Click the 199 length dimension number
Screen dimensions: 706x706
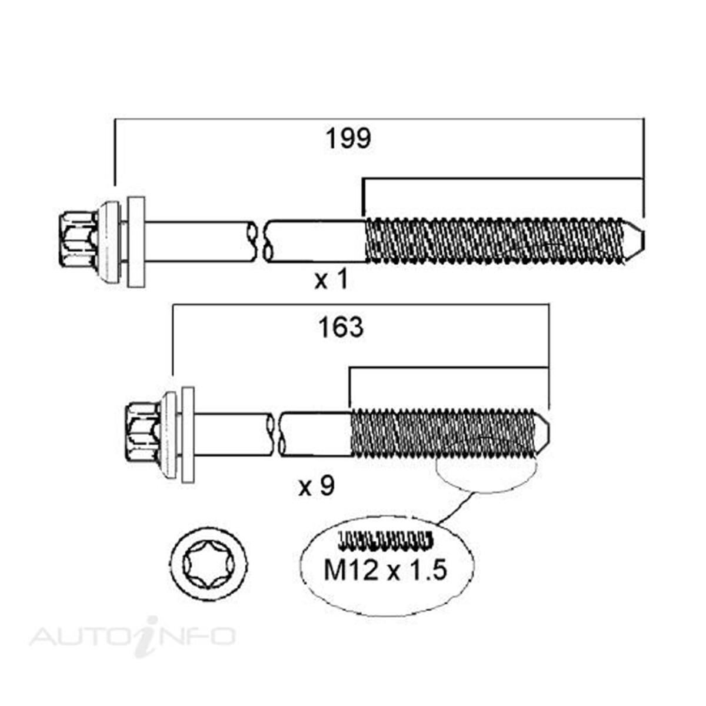pyautogui.click(x=348, y=139)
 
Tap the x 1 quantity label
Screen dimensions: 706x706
pyautogui.click(x=331, y=280)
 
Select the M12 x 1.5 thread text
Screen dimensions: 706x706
pyautogui.click(x=385, y=570)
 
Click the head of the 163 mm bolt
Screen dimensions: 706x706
pyautogui.click(x=143, y=431)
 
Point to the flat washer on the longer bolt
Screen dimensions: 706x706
pyautogui.click(x=136, y=242)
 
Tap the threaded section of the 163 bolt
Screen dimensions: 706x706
pyautogui.click(x=441, y=432)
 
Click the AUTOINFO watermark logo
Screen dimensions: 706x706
pyautogui.click(x=133, y=636)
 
